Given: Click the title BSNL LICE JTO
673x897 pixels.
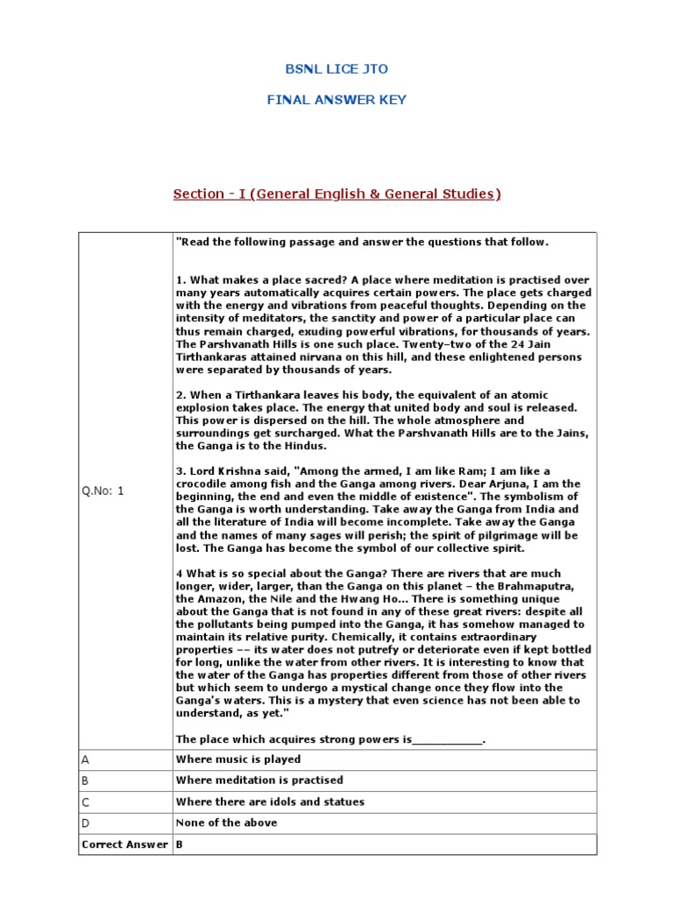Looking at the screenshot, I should [x=336, y=70].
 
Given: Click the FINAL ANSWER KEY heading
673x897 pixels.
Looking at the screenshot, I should [x=336, y=100].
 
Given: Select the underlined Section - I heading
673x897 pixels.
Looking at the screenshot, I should [x=336, y=194].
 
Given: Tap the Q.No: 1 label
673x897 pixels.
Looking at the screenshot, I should [x=103, y=491].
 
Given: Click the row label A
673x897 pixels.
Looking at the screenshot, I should [x=85, y=759].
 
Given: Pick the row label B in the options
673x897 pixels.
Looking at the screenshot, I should [x=85, y=780].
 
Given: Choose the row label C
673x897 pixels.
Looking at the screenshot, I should [x=85, y=802].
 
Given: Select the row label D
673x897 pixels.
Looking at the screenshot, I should [x=85, y=823].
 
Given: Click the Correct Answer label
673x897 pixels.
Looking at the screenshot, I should [x=124, y=844].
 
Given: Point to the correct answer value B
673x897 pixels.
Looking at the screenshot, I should [x=180, y=844].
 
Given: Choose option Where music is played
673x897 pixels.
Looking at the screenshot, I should [x=238, y=759].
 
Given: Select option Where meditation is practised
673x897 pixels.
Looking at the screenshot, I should [x=259, y=780].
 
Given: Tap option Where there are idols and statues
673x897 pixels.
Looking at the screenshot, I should [x=270, y=802].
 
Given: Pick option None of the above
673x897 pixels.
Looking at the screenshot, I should [x=227, y=823].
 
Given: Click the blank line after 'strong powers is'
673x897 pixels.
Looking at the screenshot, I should [x=446, y=740].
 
